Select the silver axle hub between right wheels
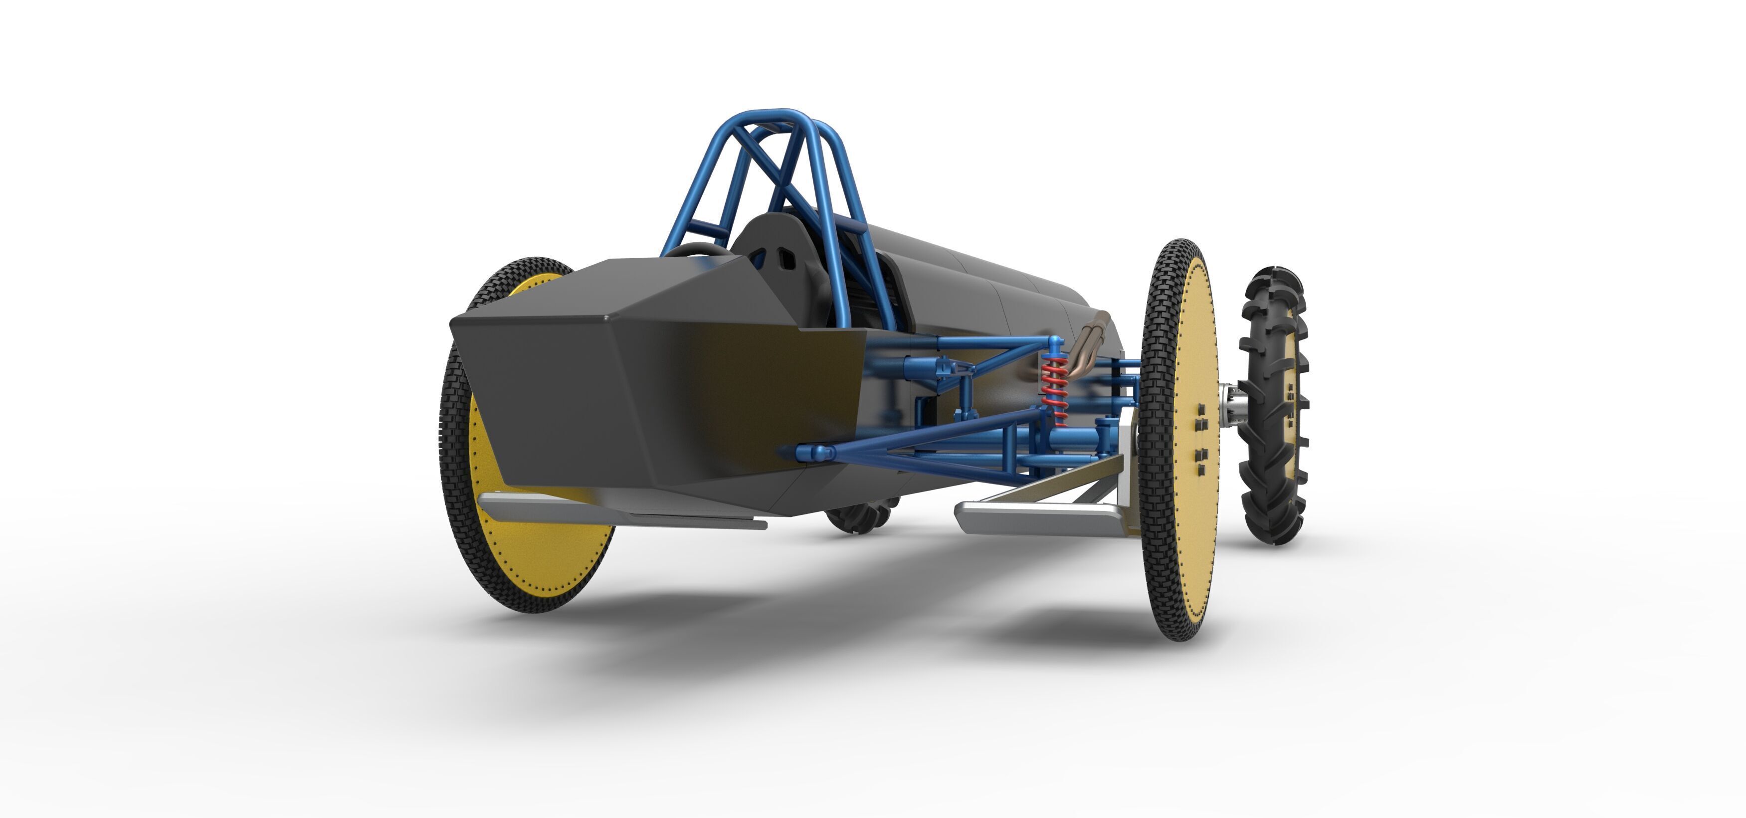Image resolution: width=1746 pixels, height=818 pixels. coord(1232,407)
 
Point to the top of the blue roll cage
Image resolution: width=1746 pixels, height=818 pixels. coord(779,115)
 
